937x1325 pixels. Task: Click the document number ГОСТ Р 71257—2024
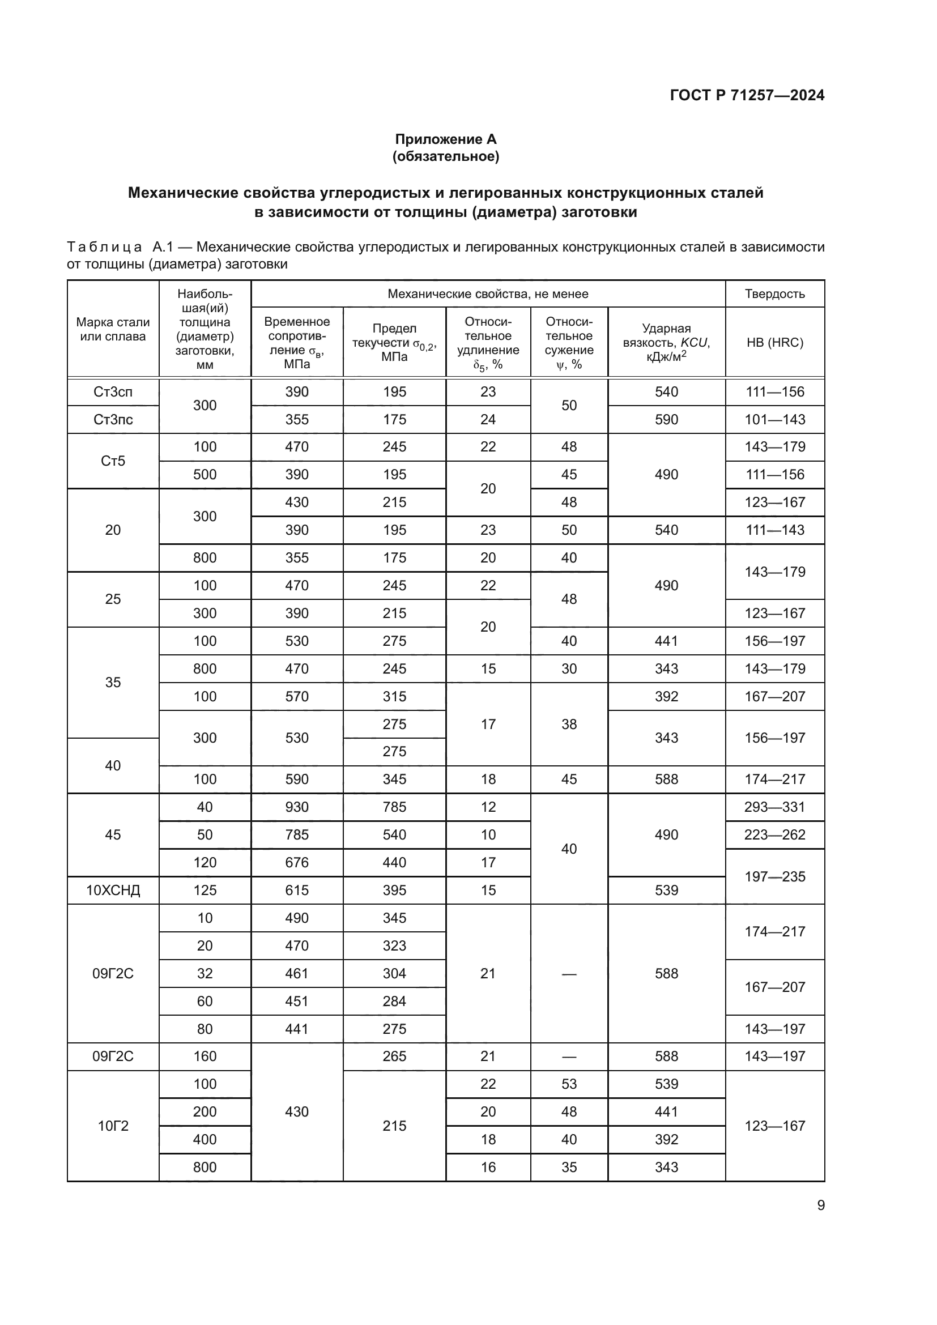(747, 95)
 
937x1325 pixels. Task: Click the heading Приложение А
(445, 139)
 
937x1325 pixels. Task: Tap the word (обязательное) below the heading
(445, 156)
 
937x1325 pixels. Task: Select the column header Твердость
(774, 294)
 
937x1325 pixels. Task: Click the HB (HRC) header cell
(774, 342)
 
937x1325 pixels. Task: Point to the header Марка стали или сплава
(113, 330)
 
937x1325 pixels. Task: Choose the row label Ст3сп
(113, 392)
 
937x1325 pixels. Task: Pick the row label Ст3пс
(113, 420)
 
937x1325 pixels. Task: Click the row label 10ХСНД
(113, 890)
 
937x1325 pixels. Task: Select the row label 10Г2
(113, 1126)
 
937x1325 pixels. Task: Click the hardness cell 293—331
(774, 807)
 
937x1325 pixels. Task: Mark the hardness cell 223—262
(774, 834)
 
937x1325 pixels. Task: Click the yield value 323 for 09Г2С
(394, 945)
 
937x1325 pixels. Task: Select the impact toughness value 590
(666, 420)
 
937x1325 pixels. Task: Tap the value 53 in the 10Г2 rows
(568, 1084)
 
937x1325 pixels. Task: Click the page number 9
(820, 1205)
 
